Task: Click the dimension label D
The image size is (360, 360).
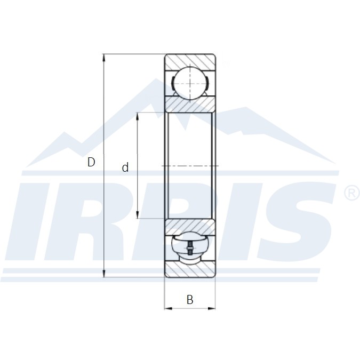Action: pyautogui.click(x=91, y=162)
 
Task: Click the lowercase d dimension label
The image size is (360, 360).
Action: pyautogui.click(x=125, y=167)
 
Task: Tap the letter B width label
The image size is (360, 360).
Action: pyautogui.click(x=190, y=300)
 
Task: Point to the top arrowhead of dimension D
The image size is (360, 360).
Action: pyautogui.click(x=104, y=58)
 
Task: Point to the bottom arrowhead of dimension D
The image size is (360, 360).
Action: pyautogui.click(x=104, y=274)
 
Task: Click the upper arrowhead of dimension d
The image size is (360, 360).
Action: pyautogui.click(x=137, y=116)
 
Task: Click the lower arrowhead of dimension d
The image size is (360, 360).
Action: pyautogui.click(x=137, y=215)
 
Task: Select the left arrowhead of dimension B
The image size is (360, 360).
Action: pyautogui.click(x=169, y=308)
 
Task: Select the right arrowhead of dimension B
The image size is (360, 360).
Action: pyautogui.click(x=212, y=308)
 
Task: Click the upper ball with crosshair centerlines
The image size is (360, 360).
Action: pyautogui.click(x=190, y=83)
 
